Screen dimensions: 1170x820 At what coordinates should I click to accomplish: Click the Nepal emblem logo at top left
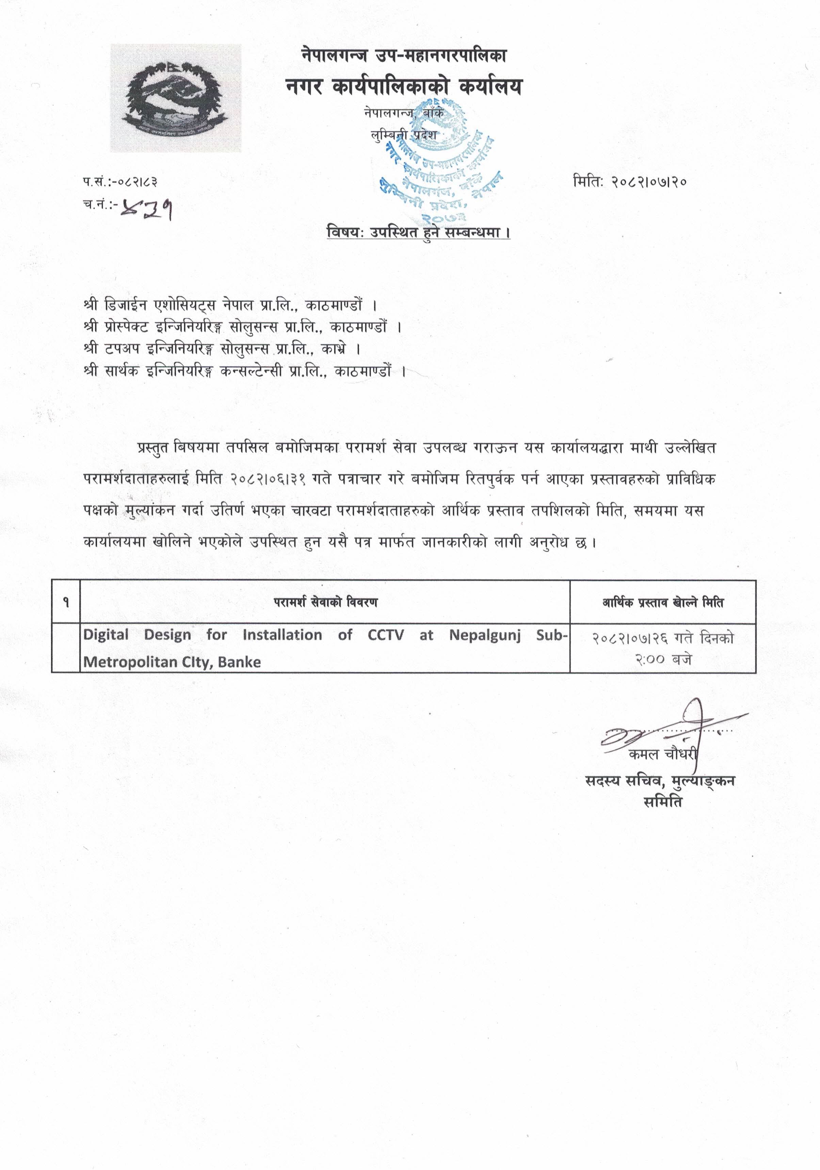click(176, 98)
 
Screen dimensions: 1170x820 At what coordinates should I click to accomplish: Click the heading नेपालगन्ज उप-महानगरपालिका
click(404, 55)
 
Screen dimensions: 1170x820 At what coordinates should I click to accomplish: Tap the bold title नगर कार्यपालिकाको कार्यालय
click(404, 87)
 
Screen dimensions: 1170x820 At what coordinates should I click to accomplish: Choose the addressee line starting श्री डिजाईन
click(230, 306)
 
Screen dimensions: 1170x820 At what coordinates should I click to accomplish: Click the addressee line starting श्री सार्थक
click(245, 371)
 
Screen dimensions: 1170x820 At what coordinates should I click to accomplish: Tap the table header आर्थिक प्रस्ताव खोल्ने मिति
click(662, 603)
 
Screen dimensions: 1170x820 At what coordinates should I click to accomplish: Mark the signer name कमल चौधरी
click(662, 754)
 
